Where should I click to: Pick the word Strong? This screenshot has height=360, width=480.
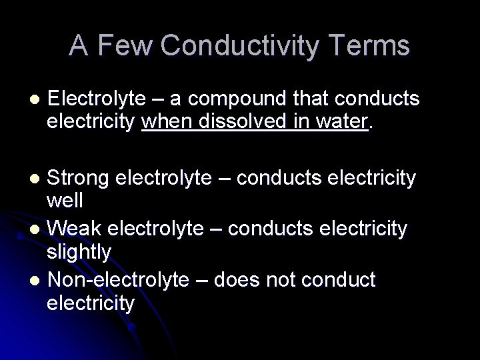point(79,179)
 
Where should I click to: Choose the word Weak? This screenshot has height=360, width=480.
point(75,229)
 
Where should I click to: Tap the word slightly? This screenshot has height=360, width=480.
point(79,251)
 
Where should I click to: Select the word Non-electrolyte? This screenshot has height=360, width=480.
point(119,280)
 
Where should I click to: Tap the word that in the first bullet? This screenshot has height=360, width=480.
point(313,99)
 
